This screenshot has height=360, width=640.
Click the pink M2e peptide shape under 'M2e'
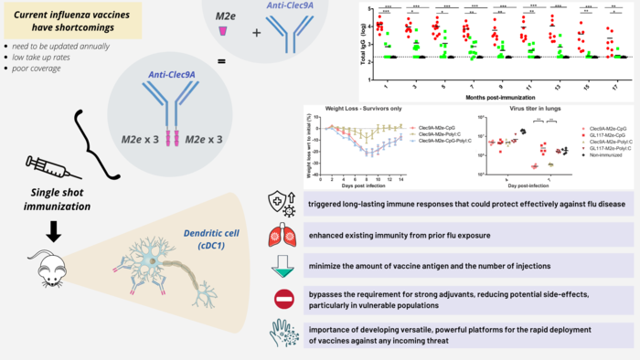[222, 32]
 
